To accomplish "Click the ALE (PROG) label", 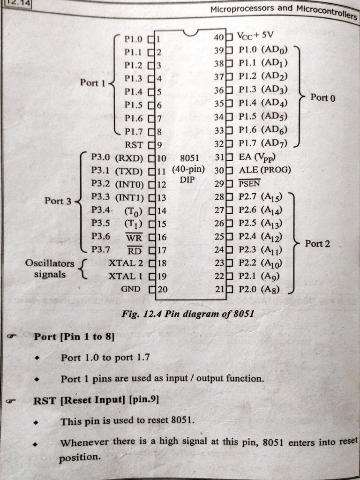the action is pyautogui.click(x=265, y=170).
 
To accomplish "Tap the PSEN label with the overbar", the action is pyautogui.click(x=249, y=183).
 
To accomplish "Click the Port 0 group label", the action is pyautogui.click(x=323, y=98).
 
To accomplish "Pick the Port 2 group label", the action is pyautogui.click(x=317, y=244).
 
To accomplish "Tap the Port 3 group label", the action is pyautogui.click(x=58, y=201).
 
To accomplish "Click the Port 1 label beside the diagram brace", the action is pyautogui.click(x=93, y=83).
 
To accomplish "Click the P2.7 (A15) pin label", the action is pyautogui.click(x=260, y=196).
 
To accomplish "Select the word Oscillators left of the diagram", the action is pyautogui.click(x=50, y=263).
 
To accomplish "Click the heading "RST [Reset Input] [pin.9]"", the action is pyautogui.click(x=96, y=400).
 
